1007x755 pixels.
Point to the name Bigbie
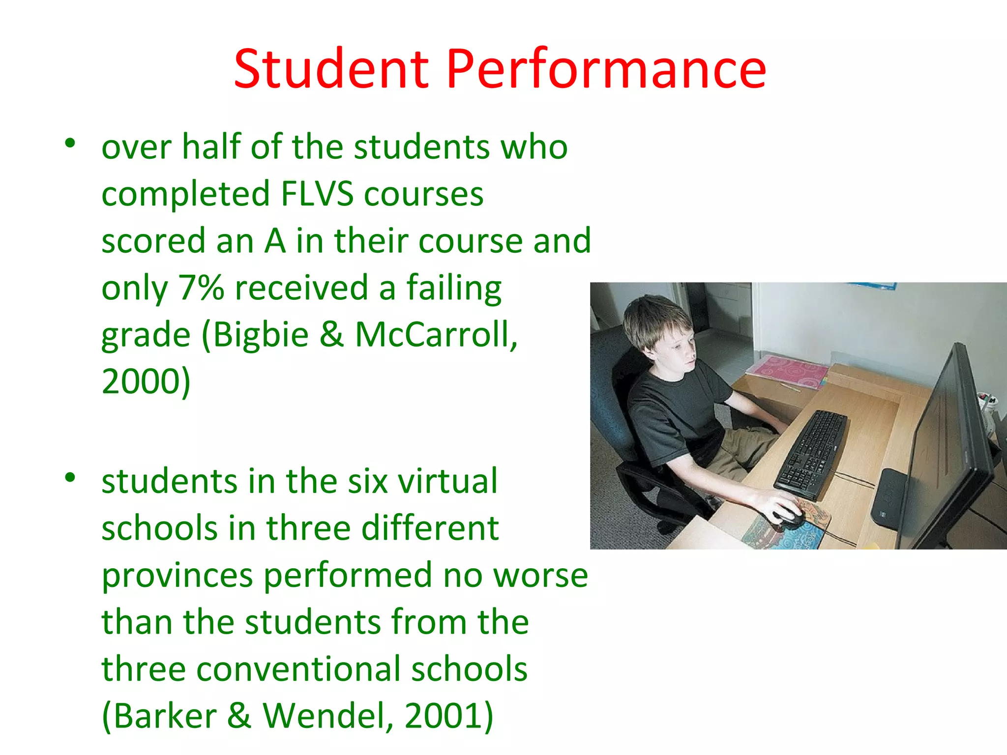(x=261, y=335)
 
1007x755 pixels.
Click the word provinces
(x=177, y=575)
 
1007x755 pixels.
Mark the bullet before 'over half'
(x=70, y=143)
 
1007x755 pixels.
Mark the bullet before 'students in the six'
(x=70, y=477)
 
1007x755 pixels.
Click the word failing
(x=453, y=289)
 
